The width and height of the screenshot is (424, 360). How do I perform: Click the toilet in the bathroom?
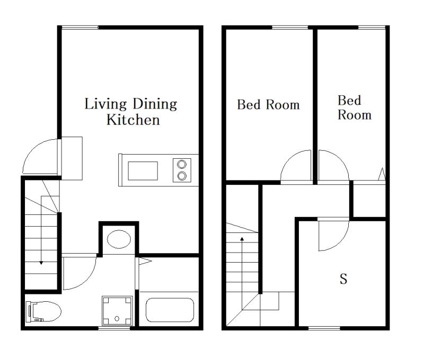[43, 312]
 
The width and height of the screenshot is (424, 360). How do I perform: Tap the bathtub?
[170, 310]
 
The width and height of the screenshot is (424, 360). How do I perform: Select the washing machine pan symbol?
[117, 311]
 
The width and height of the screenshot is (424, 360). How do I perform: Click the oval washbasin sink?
[119, 239]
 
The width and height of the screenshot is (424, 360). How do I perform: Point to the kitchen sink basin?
[143, 170]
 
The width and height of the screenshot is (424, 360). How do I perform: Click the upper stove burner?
[182, 164]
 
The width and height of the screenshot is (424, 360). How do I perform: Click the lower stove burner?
[182, 176]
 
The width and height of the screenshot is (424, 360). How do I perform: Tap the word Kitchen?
[133, 120]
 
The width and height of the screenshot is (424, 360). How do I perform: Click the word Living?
[105, 104]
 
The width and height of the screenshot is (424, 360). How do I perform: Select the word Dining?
[155, 104]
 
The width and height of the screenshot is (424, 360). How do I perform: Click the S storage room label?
[343, 278]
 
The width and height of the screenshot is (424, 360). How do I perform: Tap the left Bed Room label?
[269, 105]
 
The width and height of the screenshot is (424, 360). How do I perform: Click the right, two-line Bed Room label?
[355, 107]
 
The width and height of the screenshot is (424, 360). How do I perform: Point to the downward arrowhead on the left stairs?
[41, 262]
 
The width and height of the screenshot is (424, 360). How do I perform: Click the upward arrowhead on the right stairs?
[242, 239]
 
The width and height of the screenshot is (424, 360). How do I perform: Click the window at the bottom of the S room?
[324, 328]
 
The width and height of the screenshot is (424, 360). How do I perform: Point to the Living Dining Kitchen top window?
[80, 28]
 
